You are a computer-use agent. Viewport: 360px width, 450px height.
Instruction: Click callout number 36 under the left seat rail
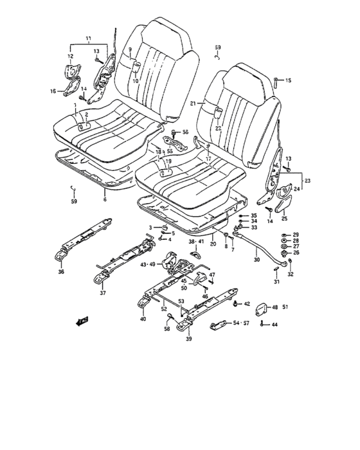61,271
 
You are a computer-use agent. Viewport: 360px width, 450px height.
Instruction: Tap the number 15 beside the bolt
288,80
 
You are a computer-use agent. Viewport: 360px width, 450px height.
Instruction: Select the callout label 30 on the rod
257,260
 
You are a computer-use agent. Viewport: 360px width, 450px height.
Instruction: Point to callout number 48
275,307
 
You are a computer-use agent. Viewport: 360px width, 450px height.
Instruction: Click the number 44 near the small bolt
275,325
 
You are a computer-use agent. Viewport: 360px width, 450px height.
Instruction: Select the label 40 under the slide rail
143,318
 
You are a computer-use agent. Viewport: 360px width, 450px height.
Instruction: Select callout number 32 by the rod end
290,274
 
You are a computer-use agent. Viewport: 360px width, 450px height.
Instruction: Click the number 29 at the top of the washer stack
296,234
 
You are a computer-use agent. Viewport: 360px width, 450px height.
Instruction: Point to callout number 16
53,91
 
